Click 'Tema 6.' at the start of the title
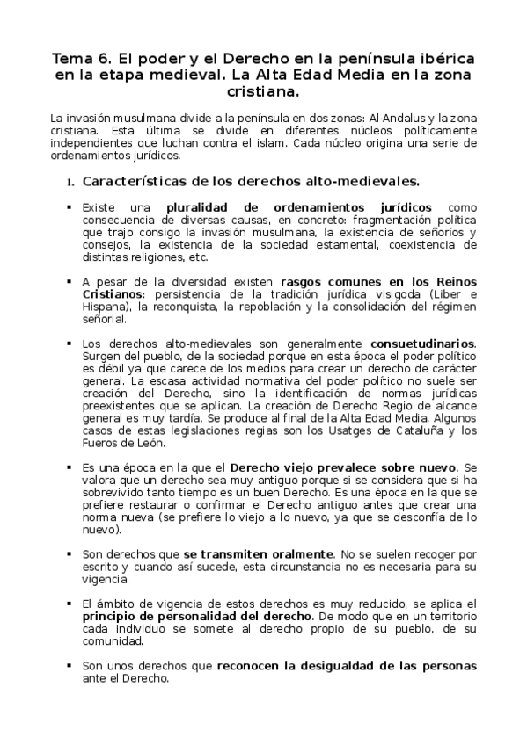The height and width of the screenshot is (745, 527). (81, 59)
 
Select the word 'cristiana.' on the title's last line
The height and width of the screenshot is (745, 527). (263, 90)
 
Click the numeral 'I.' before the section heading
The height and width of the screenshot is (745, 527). (70, 184)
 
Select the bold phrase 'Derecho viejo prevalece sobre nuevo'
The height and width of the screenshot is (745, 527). (342, 467)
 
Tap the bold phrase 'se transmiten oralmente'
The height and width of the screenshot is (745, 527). (259, 555)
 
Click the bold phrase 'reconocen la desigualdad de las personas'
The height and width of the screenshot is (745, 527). (347, 666)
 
